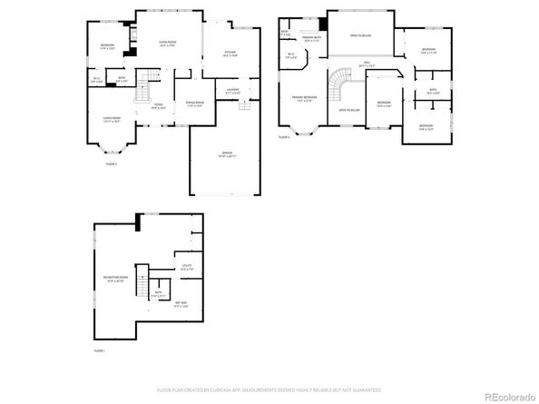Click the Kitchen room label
230,54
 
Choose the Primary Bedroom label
304,97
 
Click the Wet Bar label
181,303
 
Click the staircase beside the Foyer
142,93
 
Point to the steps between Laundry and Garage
242,106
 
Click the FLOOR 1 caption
100,350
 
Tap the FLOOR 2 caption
112,164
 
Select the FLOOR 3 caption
284,137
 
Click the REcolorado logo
509,395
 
